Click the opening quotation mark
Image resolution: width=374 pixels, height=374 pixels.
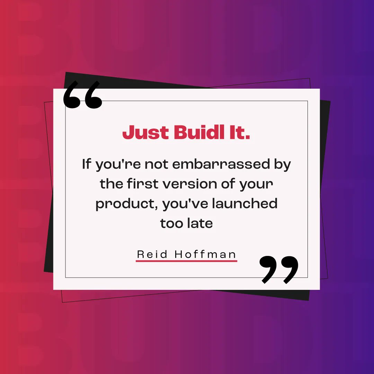83,95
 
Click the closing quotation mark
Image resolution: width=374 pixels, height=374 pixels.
279,269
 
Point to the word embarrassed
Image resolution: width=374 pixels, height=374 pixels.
221,164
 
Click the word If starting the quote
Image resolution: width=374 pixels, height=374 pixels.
87,164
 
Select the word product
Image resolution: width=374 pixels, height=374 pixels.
124,204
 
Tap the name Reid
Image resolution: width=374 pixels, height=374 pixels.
152,254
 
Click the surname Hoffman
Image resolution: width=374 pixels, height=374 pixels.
205,254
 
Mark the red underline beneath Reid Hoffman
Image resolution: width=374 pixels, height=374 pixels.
186,261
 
